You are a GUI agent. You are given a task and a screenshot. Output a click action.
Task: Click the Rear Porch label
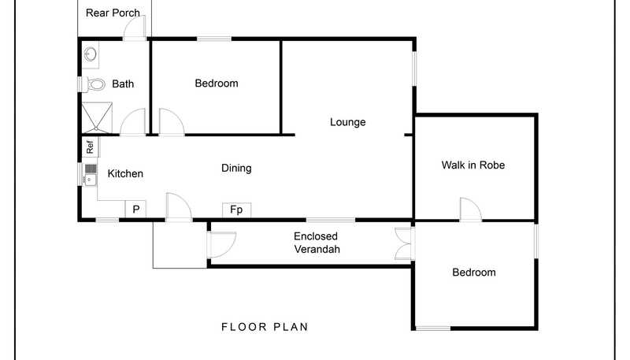coord(113,13)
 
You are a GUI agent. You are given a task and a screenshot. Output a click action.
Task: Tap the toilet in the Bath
coord(94,84)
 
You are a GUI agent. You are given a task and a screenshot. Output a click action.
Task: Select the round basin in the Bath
coord(91,54)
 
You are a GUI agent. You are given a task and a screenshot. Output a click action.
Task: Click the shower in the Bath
coord(97,117)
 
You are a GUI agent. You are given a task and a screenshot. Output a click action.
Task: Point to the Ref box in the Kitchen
coord(91,147)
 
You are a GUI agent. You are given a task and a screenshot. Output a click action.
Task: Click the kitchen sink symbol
coord(91,174)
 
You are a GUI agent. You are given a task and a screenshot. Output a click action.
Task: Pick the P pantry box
coord(135,210)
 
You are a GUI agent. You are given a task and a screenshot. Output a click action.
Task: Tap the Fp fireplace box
coord(237,210)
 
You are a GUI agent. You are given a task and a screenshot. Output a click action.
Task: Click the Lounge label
coord(348,122)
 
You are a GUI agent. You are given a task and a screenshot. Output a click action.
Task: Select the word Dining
coord(236,168)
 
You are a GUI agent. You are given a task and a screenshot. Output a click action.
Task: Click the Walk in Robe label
coord(473,165)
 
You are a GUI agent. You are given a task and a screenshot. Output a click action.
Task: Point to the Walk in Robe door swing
coord(470,209)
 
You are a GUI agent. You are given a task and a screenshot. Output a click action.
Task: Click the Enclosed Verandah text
coord(317,243)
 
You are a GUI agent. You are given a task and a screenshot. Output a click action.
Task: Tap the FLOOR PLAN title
coord(265,327)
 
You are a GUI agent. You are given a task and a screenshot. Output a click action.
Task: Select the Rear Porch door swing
coord(135,28)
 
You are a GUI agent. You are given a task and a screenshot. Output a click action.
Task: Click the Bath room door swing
coord(133,122)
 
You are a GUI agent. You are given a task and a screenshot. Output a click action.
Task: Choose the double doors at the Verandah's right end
coord(403,243)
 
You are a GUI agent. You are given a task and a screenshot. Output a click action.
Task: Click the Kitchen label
coord(125,173)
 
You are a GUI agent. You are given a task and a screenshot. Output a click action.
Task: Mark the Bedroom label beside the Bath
coord(217,84)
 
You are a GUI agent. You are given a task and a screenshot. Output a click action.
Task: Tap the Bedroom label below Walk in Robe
coord(474,273)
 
